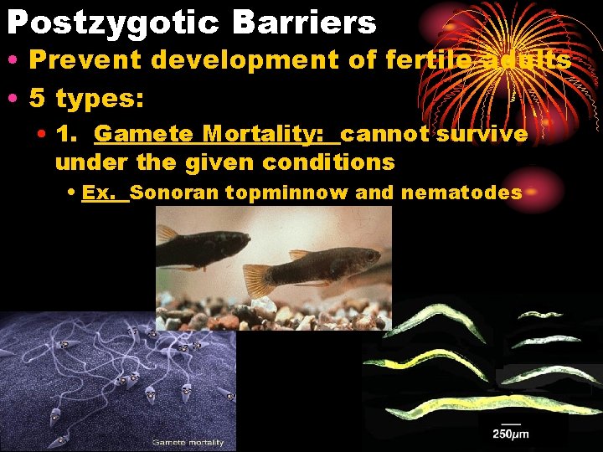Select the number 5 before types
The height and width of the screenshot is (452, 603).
pyautogui.click(x=38, y=98)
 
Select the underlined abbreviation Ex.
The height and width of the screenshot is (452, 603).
pyautogui.click(x=99, y=193)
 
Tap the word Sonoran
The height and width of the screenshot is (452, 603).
pyautogui.click(x=174, y=193)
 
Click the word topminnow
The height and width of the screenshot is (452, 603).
pyautogui.click(x=286, y=193)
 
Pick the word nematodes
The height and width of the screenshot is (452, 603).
pyautogui.click(x=461, y=193)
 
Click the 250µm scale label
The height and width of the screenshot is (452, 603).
pyautogui.click(x=510, y=434)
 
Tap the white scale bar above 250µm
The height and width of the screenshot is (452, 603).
pyautogui.click(x=510, y=424)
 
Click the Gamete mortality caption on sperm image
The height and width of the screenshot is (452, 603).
pyautogui.click(x=188, y=442)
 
